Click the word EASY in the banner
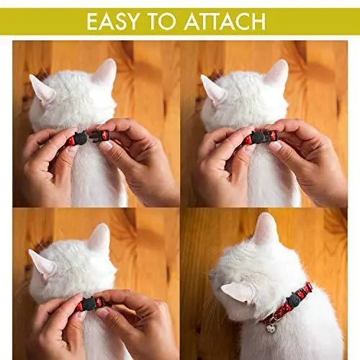coord(113,22)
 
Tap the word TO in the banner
coord(162,22)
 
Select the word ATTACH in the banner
coord(225,22)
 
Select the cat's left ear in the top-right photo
coord(213,89)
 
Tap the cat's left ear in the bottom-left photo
coord(41,264)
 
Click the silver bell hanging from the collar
coord(271,328)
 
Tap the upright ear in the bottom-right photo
coord(265,228)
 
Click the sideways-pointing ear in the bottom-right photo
coord(236,290)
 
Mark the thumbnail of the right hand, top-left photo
coord(106,145)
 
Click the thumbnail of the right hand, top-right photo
coord(276,145)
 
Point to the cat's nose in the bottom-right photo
coord(212,276)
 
